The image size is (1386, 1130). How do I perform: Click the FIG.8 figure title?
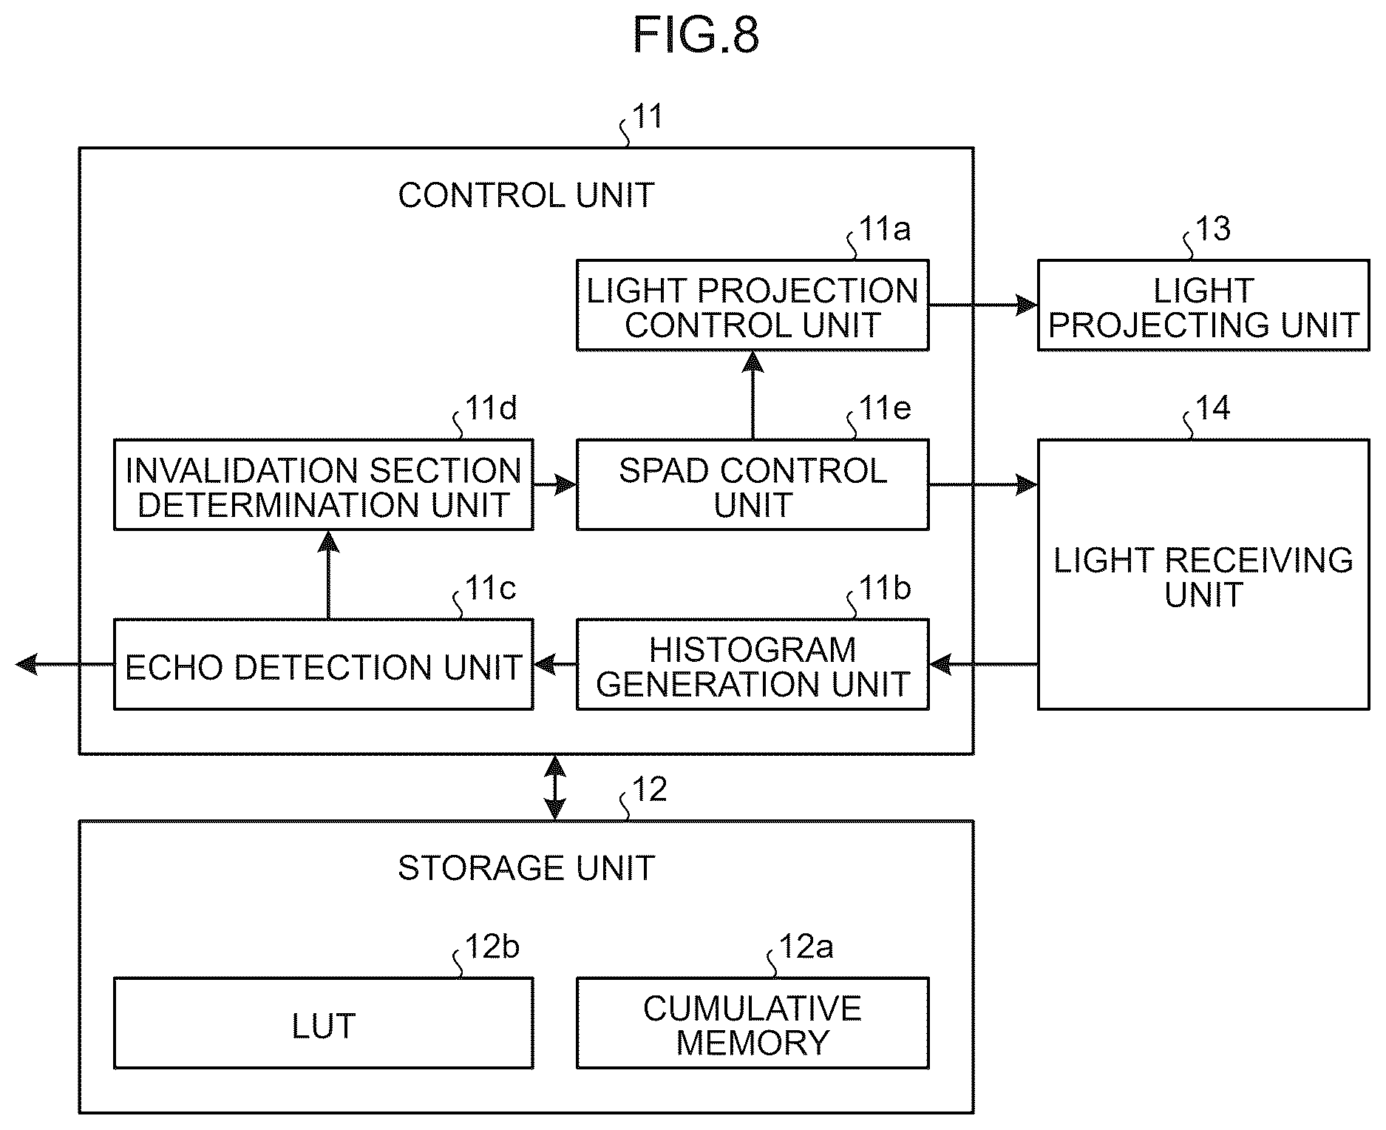point(696,35)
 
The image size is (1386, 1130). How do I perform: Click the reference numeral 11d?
point(491,408)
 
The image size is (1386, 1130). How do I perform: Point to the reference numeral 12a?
point(806,947)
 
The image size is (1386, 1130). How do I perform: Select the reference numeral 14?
point(1213,408)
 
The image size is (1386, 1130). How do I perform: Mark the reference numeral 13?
point(1213,229)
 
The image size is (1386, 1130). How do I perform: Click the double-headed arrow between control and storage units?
point(555,788)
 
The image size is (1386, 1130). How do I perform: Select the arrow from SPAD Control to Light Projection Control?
point(753,396)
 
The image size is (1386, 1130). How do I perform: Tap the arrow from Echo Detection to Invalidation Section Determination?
point(328,575)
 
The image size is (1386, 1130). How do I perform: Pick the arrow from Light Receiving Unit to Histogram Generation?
point(983,665)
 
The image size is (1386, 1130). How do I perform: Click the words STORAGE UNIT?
point(526,868)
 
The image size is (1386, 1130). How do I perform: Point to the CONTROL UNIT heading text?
point(526,196)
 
